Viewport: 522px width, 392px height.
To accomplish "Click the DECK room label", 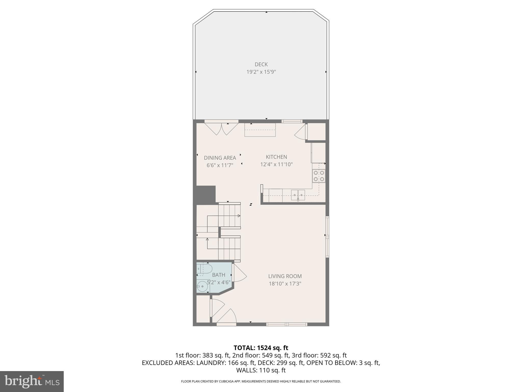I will (261, 64).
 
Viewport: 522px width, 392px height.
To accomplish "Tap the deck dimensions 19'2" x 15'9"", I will (261, 72).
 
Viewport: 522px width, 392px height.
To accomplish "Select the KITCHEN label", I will (276, 157).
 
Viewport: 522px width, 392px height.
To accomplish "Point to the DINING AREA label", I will (220, 158).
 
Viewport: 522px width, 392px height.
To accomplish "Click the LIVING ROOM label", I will (285, 276).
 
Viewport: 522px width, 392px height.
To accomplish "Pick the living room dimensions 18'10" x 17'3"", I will (285, 284).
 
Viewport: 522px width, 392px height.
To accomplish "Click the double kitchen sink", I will (298, 195).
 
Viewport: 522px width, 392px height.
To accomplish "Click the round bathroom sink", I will (203, 287).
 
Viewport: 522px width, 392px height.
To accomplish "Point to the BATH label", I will (218, 275).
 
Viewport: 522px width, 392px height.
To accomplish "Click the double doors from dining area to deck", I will (221, 129).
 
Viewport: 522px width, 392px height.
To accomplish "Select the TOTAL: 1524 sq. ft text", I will (261, 348).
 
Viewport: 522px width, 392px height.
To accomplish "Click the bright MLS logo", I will (32, 381).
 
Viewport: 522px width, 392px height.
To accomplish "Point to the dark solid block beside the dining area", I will (206, 194).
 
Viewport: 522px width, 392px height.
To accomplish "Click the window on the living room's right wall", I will (327, 237).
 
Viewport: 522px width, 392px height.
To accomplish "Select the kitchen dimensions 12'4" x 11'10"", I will (276, 164).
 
